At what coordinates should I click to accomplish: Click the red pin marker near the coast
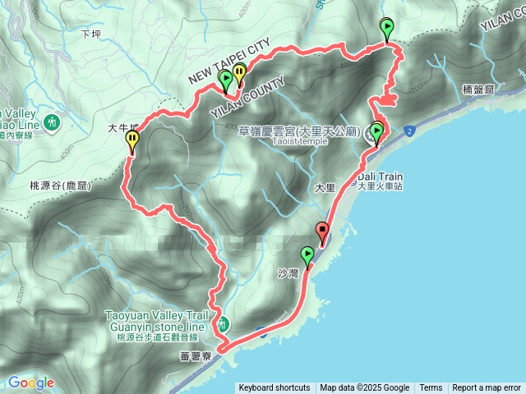click(x=322, y=231)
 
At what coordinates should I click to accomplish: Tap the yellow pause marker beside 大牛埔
click(x=132, y=142)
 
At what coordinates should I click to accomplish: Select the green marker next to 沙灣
click(x=307, y=255)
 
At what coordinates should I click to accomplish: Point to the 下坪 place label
click(x=90, y=34)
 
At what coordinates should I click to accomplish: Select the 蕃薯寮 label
click(x=196, y=358)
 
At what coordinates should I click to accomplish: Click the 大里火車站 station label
click(x=381, y=186)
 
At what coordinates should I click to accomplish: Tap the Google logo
click(x=31, y=383)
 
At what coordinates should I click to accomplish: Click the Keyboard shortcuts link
click(x=275, y=387)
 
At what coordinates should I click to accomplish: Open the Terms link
click(x=431, y=387)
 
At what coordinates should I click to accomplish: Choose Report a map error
click(x=487, y=387)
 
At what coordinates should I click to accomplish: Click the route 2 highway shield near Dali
click(x=409, y=130)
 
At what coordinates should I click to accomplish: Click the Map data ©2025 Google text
click(x=365, y=387)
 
